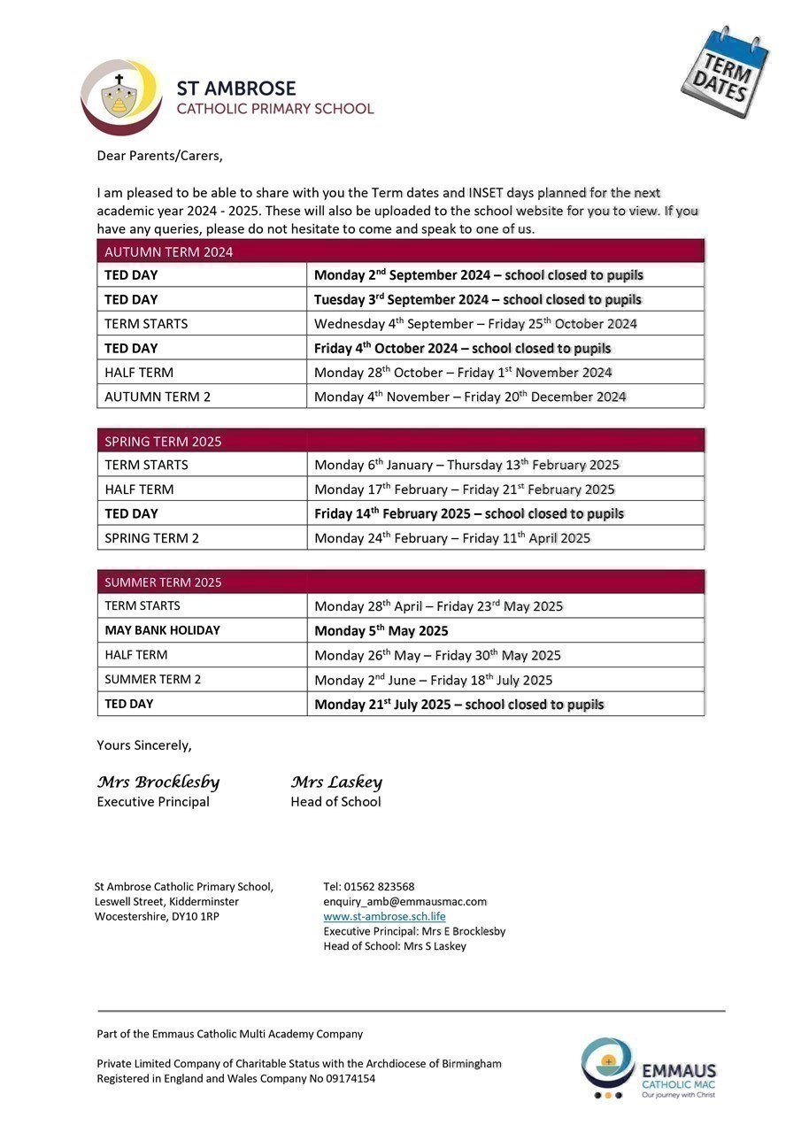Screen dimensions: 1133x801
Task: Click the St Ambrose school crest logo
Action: click(x=120, y=97)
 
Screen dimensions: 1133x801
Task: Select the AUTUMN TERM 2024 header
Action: click(x=169, y=252)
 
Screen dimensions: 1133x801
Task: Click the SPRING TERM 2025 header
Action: click(x=163, y=442)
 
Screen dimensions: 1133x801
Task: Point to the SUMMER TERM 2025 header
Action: click(x=163, y=582)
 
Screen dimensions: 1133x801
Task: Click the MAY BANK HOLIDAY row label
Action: click(x=162, y=630)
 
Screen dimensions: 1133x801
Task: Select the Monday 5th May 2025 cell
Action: click(x=381, y=631)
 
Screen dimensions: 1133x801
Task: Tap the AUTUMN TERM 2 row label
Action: click(x=158, y=397)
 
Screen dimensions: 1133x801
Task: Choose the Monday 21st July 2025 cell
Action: click(x=458, y=705)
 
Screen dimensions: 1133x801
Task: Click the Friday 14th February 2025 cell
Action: click(x=468, y=513)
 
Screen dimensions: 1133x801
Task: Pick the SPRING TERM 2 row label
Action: click(x=151, y=538)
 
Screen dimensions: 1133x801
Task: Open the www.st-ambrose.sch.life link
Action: click(x=384, y=916)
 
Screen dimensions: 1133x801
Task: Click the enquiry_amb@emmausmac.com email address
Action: click(x=404, y=901)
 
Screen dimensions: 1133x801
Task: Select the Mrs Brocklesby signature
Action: click(x=158, y=782)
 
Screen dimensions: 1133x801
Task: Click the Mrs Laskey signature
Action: click(x=336, y=782)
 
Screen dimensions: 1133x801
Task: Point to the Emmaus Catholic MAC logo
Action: click(x=648, y=1068)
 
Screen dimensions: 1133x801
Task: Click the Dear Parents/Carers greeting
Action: click(x=159, y=156)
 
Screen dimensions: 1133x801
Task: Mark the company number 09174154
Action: click(x=345, y=1078)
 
